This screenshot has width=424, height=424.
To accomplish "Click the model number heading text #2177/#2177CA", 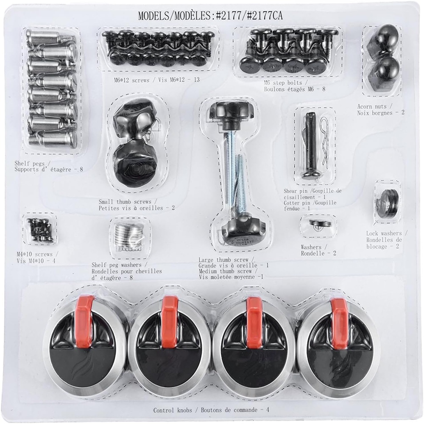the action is tap(249, 15).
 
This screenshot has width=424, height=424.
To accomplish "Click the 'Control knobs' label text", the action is tap(173, 410).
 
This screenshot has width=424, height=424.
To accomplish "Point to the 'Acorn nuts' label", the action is tap(372, 106).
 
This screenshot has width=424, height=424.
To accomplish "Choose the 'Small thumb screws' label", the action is tap(125, 202).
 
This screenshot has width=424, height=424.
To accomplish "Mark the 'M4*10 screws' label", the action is tap(34, 254).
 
